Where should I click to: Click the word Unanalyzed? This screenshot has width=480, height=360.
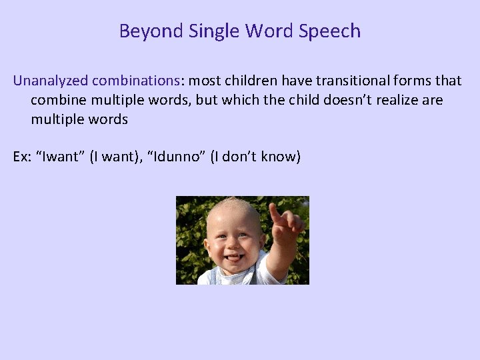click(50, 81)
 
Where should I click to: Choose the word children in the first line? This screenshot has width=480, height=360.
click(253, 81)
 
